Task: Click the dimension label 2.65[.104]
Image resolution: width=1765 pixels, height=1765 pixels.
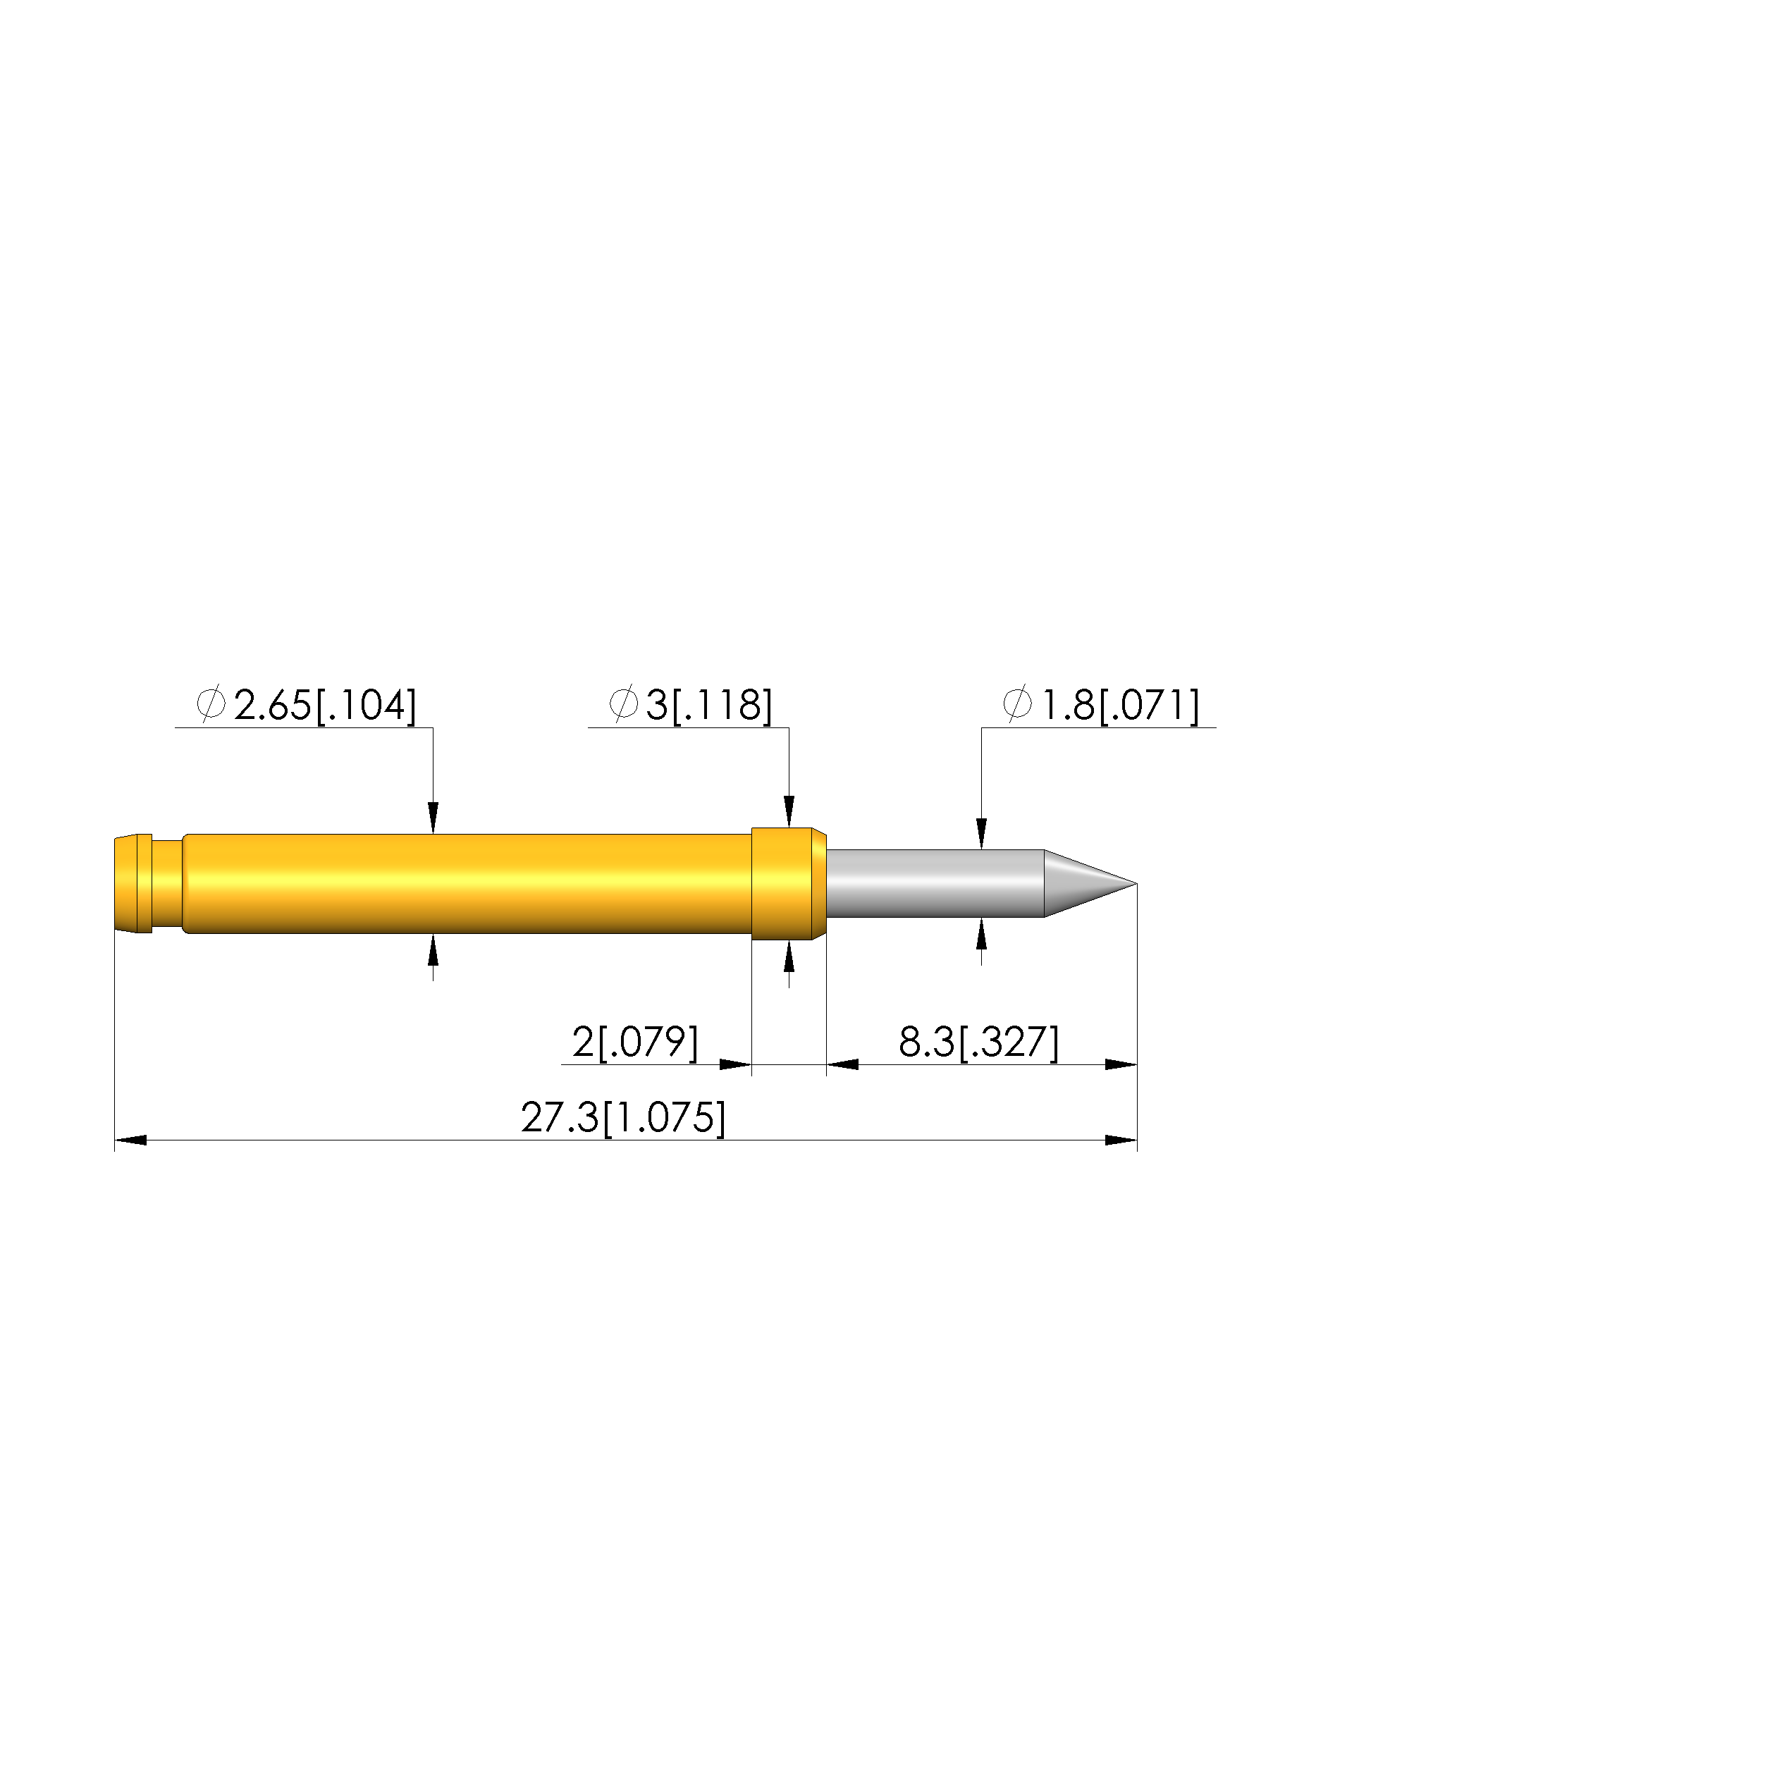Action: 325,706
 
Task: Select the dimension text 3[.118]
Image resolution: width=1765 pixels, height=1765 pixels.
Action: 709,706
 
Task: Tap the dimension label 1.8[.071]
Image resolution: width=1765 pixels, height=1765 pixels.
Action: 1120,706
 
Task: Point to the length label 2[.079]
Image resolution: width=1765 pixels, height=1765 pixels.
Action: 635,1043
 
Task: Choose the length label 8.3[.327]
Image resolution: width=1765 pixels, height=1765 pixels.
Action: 978,1043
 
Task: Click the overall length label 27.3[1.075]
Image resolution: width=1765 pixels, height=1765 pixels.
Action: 623,1118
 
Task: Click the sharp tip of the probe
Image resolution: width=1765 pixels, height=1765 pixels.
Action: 1136,883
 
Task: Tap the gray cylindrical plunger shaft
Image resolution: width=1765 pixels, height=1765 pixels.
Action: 935,883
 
